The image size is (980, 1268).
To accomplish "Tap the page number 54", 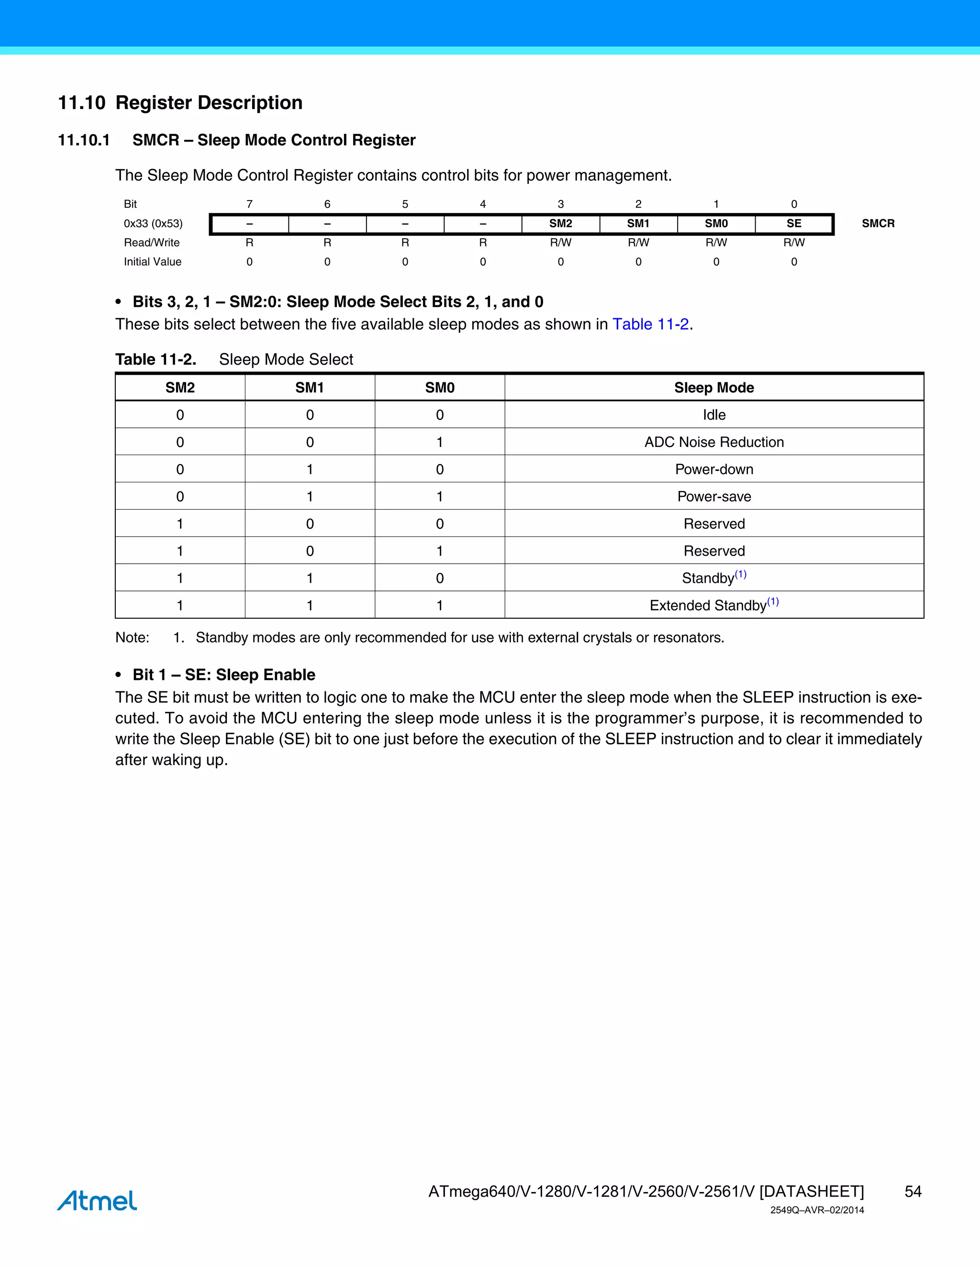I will click(913, 1191).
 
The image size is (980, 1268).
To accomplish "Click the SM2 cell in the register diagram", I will click(560, 223).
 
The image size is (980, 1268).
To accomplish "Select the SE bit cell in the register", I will click(794, 223).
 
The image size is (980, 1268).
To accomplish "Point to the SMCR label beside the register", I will click(878, 223).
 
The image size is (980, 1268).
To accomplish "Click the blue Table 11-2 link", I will click(650, 324).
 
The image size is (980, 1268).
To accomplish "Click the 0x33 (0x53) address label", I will click(153, 223).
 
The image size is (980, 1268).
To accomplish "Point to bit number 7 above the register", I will click(250, 204).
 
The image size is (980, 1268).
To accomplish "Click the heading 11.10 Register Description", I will click(180, 103).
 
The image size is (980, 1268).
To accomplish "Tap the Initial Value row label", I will click(153, 262).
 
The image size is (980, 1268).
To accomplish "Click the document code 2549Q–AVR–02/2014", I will click(817, 1210).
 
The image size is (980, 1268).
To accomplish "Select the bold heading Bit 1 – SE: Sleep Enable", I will click(223, 675).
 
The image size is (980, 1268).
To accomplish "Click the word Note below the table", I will click(132, 637).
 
